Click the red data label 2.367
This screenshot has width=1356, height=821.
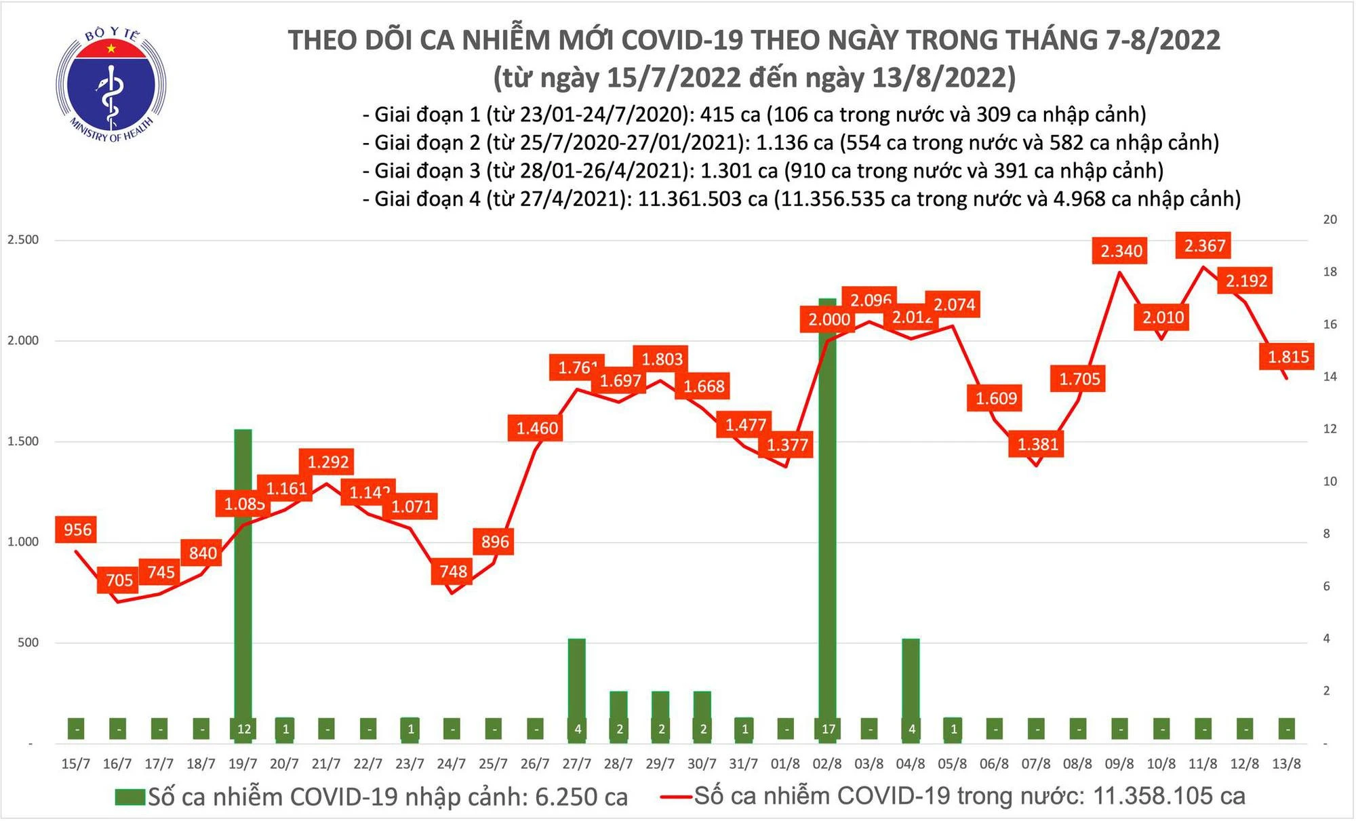click(1204, 245)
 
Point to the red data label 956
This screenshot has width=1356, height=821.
click(77, 529)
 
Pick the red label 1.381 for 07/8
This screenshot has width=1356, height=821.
click(1037, 445)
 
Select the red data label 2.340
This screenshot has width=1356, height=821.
click(1121, 252)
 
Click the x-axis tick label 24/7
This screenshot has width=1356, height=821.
click(451, 764)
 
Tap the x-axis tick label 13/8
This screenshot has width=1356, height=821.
click(1286, 764)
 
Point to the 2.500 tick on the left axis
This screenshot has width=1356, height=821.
click(23, 240)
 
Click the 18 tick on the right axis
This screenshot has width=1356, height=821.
click(1330, 272)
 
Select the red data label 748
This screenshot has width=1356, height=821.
click(452, 572)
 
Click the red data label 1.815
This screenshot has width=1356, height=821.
click(1288, 357)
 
